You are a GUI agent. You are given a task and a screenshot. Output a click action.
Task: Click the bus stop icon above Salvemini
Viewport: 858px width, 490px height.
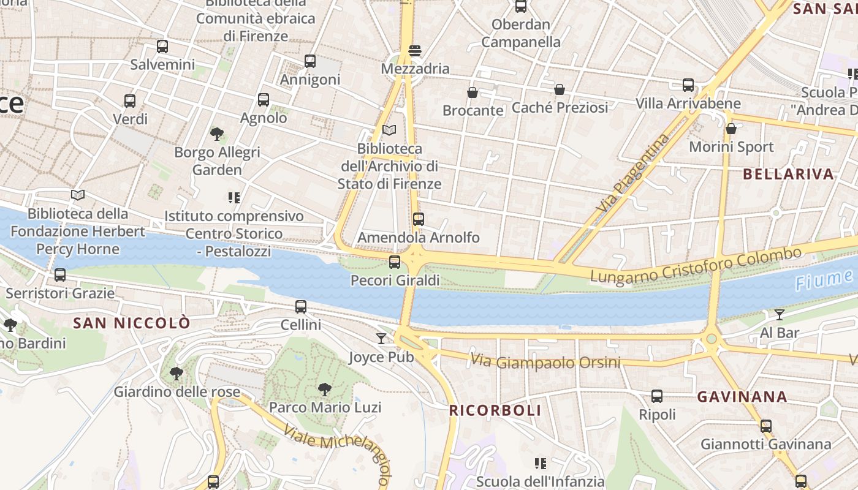[162, 47]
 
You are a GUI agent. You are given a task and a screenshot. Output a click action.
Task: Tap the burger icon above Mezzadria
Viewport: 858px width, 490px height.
[415, 51]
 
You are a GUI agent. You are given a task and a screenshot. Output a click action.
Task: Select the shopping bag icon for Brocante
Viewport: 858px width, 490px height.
[473, 92]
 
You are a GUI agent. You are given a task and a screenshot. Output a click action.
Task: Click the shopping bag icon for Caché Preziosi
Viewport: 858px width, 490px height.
[560, 89]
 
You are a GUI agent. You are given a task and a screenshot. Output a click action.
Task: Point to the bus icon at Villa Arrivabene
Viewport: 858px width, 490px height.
[688, 85]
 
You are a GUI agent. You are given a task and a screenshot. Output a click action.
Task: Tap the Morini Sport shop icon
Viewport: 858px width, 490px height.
[731, 129]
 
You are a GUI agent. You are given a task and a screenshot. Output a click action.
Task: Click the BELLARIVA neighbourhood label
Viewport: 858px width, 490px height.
[788, 174]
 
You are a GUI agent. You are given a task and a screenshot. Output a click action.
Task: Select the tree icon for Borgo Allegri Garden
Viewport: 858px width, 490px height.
[216, 134]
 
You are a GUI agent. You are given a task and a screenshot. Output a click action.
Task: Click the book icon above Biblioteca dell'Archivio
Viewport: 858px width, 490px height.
[389, 130]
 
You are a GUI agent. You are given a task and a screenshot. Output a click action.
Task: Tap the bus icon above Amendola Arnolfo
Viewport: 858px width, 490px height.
[419, 219]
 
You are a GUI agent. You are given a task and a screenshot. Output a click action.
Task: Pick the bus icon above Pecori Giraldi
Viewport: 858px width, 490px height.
[395, 262]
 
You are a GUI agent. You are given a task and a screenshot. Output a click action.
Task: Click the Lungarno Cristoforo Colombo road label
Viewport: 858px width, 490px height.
[695, 265]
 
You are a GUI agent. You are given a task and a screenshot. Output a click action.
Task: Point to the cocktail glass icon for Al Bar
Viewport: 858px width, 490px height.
[779, 315]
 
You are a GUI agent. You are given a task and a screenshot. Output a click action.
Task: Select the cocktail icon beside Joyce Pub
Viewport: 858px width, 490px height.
[381, 338]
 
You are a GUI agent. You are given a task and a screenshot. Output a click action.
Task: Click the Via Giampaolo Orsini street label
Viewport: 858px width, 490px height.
[545, 361]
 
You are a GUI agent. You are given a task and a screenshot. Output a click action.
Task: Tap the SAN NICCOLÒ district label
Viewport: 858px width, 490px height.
[132, 323]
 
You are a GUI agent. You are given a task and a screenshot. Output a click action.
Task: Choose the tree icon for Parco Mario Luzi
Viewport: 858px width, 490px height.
[325, 389]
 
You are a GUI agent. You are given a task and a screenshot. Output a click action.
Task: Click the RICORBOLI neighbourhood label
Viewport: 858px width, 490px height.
[495, 410]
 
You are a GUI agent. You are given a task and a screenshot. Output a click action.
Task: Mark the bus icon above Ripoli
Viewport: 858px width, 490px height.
[657, 396]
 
